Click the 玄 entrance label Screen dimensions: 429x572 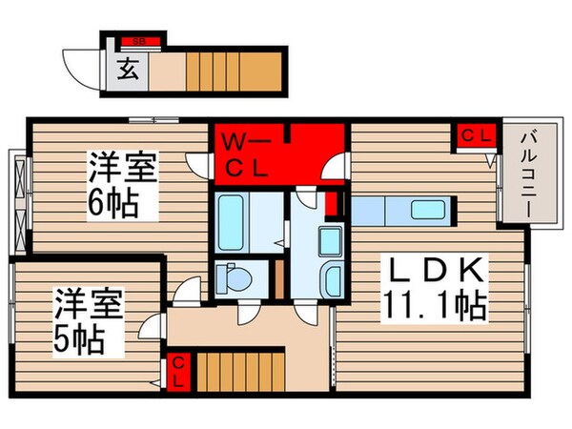[x=127, y=70]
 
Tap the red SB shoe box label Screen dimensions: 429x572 [x=139, y=41]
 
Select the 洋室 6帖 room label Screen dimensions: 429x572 [x=121, y=185]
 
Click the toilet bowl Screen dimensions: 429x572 [x=235, y=277]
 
